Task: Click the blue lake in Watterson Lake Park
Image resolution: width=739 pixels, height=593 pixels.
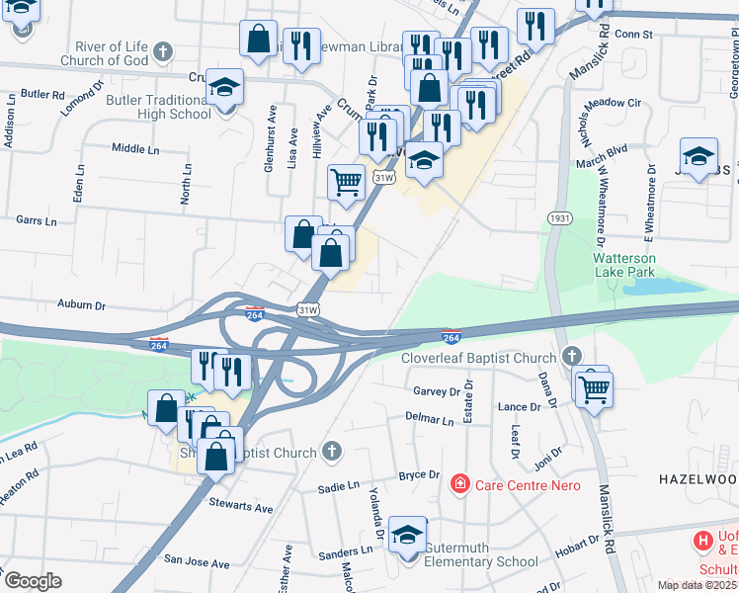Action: (653, 287)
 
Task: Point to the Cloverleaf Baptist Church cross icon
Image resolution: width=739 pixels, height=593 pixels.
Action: (570, 356)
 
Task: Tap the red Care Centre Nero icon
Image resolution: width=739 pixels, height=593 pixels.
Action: (459, 484)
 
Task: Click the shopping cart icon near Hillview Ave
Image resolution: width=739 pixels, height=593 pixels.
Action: (346, 181)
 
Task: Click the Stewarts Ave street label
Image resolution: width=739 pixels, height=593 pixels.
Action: (240, 508)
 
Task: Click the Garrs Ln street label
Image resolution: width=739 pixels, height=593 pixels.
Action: (36, 221)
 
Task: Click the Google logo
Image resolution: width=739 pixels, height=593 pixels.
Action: (33, 580)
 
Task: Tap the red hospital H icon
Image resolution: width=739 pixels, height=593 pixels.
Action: (702, 541)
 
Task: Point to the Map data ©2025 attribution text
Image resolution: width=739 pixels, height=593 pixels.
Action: (698, 585)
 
